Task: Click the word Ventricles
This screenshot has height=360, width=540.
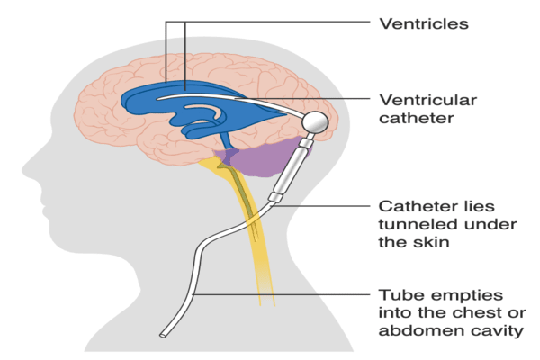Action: pos(423,24)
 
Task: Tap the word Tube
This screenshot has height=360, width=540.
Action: pos(398,295)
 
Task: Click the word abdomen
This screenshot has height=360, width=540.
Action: pos(414,332)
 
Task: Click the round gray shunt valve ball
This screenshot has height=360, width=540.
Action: pos(316,121)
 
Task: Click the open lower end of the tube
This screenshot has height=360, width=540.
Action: pos(163,337)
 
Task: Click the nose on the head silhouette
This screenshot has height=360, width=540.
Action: pos(27,171)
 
